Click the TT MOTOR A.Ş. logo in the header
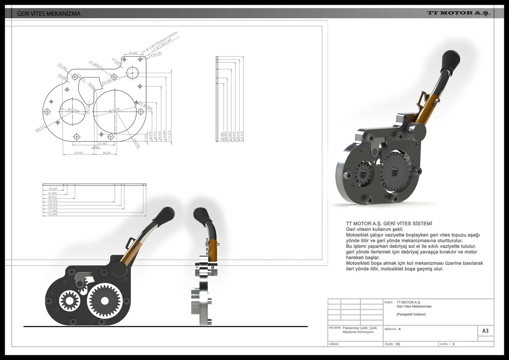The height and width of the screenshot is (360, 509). pyautogui.click(x=458, y=13)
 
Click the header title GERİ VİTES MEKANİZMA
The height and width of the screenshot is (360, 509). pyautogui.click(x=49, y=14)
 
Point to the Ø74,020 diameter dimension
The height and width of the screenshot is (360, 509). pyautogui.click(x=114, y=110)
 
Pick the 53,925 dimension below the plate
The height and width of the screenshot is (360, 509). pyautogui.click(x=78, y=153)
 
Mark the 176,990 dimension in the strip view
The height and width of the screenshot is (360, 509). pyautogui.click(x=53, y=215)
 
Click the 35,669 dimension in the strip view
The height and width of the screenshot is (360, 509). pyautogui.click(x=53, y=189)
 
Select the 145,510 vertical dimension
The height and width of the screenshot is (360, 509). pyautogui.click(x=242, y=136)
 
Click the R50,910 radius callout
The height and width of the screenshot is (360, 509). pyautogui.click(x=40, y=128)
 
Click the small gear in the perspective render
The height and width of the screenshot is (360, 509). pyautogui.click(x=363, y=174)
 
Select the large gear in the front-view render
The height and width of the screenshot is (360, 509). pyautogui.click(x=105, y=301)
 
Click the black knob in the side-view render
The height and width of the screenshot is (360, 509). pyautogui.click(x=200, y=215)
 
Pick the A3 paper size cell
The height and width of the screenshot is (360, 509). pyautogui.click(x=485, y=331)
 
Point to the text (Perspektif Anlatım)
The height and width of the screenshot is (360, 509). pyautogui.click(x=411, y=314)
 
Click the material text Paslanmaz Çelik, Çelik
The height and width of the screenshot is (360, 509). pyautogui.click(x=360, y=328)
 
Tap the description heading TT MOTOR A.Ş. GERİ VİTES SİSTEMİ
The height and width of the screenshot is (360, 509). pyautogui.click(x=389, y=224)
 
